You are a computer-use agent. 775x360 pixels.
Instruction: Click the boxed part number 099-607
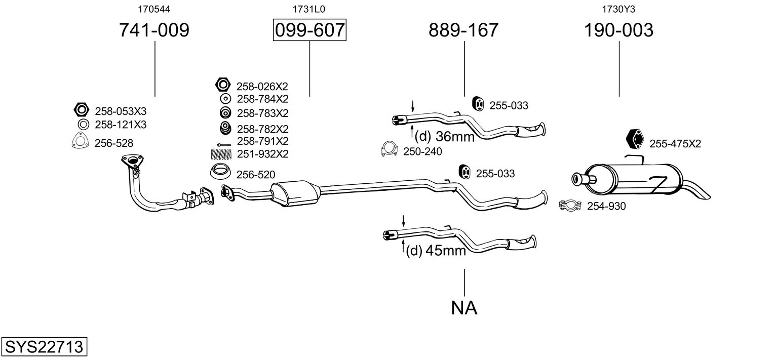point(309,30)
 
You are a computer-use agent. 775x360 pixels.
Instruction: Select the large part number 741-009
point(154,30)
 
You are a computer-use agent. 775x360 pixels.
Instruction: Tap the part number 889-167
point(463,30)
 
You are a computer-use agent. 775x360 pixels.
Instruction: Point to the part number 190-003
point(618,30)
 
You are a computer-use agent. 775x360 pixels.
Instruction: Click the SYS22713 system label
point(44,347)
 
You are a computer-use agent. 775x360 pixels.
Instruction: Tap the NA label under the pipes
point(464,307)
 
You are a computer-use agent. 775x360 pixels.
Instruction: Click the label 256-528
point(113,143)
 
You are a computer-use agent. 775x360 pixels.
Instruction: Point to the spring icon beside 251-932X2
point(221,153)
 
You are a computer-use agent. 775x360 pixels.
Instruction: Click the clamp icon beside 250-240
point(389,150)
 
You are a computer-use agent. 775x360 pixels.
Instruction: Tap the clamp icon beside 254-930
point(570,206)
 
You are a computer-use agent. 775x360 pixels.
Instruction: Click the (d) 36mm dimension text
point(444,136)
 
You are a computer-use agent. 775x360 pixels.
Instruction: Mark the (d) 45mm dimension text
point(436,251)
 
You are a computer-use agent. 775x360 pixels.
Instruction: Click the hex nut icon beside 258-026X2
point(223,85)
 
